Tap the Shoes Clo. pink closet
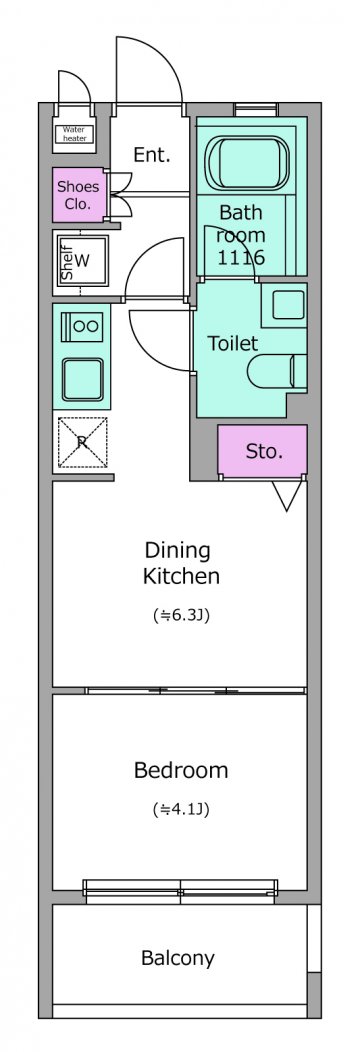tap(79, 195)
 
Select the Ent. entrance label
tap(152, 155)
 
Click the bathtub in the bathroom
tap(247, 164)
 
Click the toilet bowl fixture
tap(277, 371)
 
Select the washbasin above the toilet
tap(284, 305)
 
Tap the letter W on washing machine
tap(82, 260)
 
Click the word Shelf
tap(67, 262)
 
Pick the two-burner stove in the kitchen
tap(82, 327)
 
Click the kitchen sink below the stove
tap(82, 379)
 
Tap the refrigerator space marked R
tap(82, 441)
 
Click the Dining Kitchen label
tap(181, 563)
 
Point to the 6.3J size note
tap(181, 615)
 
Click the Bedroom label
tap(181, 770)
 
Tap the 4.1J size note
tap(181, 809)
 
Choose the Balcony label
tap(178, 958)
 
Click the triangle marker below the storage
tap(287, 495)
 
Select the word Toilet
tap(233, 344)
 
